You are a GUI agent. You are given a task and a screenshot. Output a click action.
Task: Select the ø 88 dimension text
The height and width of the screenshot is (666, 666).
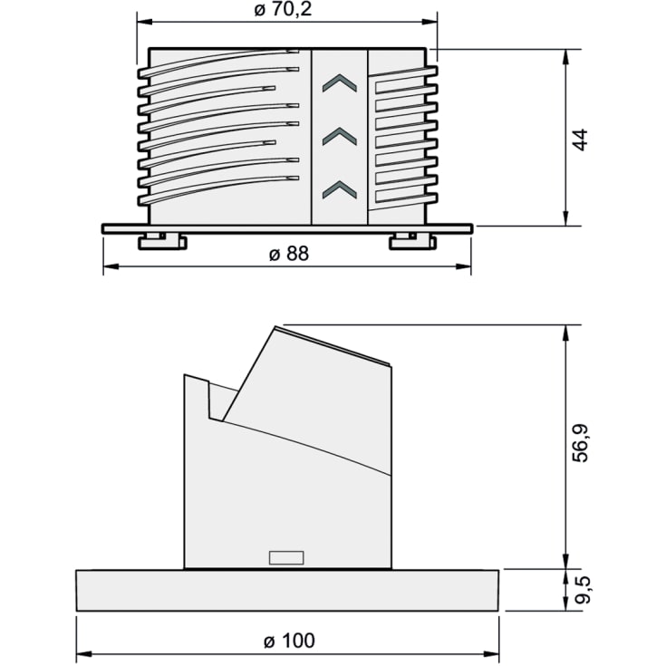pos(288,255)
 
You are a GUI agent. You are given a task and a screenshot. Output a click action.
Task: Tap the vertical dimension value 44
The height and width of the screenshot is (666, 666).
pos(582,139)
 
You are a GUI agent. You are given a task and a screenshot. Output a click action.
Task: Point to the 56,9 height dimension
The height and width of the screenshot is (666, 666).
pos(582,445)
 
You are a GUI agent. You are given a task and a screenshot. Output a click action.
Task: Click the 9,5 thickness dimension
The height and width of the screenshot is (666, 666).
pos(582,590)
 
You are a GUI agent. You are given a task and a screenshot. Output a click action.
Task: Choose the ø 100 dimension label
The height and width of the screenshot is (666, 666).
pos(288,641)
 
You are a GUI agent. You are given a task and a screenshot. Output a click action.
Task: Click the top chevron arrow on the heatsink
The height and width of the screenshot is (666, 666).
pos(339,84)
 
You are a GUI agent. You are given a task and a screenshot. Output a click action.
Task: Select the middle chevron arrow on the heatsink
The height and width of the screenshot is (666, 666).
pos(339,136)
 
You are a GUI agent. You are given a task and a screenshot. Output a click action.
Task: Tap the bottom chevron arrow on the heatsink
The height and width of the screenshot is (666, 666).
pos(339,188)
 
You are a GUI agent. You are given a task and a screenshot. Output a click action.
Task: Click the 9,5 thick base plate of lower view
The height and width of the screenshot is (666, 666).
pos(287,590)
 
